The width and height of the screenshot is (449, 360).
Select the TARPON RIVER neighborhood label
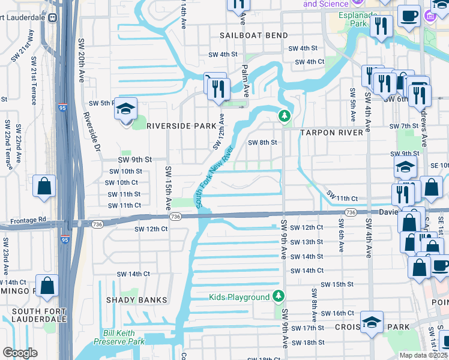[x=332, y=132]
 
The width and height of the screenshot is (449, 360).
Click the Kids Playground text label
[x=239, y=297]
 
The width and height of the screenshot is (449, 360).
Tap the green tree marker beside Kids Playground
[x=278, y=296]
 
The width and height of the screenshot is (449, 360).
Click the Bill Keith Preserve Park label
[x=124, y=337]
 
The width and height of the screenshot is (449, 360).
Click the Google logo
[x=20, y=353]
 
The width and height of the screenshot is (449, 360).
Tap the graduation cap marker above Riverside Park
[x=126, y=110]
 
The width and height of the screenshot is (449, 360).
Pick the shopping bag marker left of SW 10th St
[x=45, y=187]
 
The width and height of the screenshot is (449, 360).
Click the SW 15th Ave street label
[x=169, y=187]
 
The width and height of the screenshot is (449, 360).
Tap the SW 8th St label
[x=262, y=143]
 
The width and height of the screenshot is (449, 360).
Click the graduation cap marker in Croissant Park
[x=372, y=323]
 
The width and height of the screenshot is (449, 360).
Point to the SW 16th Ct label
[x=337, y=314]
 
